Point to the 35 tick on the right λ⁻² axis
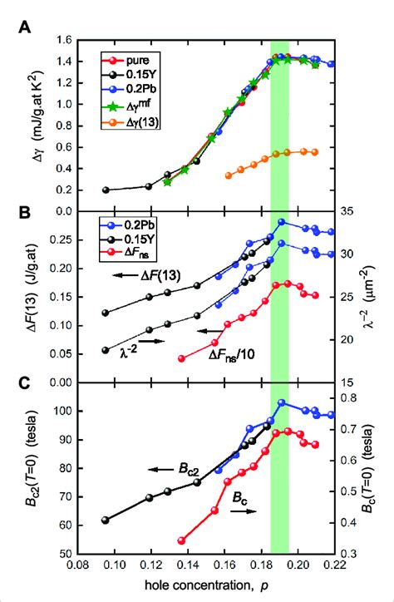(351, 211)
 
